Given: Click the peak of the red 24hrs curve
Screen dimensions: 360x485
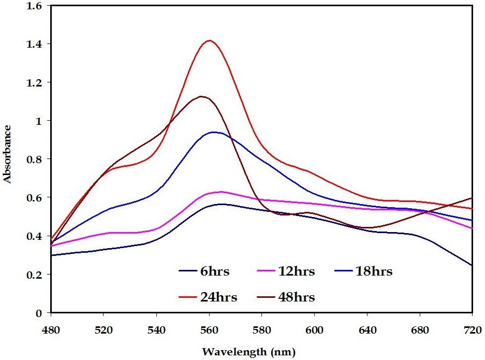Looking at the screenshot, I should (210, 40).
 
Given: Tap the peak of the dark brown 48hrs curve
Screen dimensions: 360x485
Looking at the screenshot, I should (201, 96).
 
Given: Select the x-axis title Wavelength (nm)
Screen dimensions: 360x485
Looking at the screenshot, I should (248, 352).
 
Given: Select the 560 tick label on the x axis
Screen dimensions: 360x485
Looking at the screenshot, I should (209, 329).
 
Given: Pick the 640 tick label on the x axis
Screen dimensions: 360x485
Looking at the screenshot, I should (367, 329).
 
